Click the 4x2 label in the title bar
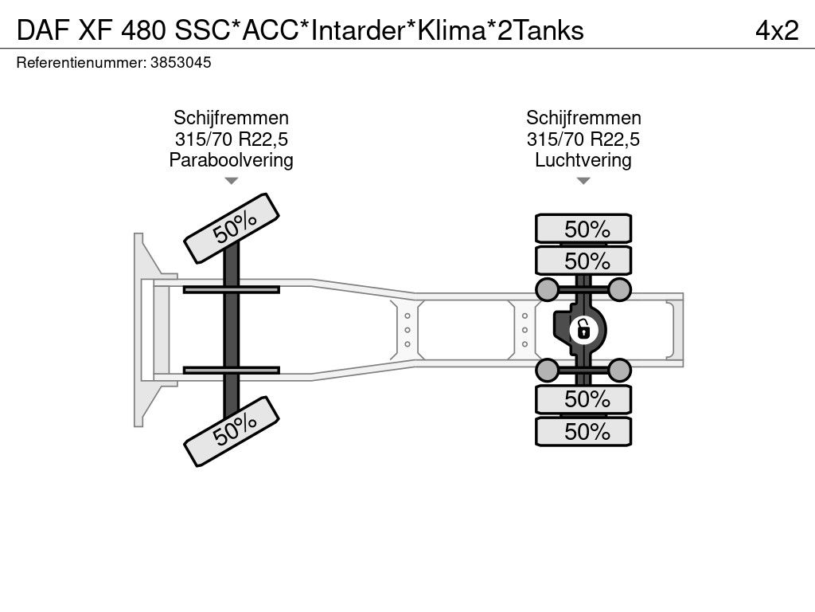tap(777, 29)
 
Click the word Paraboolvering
tap(231, 160)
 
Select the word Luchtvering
tap(583, 160)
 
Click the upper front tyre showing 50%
tap(232, 228)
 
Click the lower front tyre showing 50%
tap(232, 431)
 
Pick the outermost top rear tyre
tap(583, 229)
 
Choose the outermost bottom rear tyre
tap(583, 432)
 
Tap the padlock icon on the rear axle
tap(583, 328)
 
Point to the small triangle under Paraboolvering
tap(231, 181)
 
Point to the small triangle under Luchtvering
tap(583, 181)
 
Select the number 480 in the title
tap(142, 29)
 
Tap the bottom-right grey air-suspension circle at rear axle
tap(620, 369)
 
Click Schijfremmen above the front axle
tap(231, 119)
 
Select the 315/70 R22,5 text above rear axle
tap(583, 139)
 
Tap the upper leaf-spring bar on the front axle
tap(231, 289)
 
